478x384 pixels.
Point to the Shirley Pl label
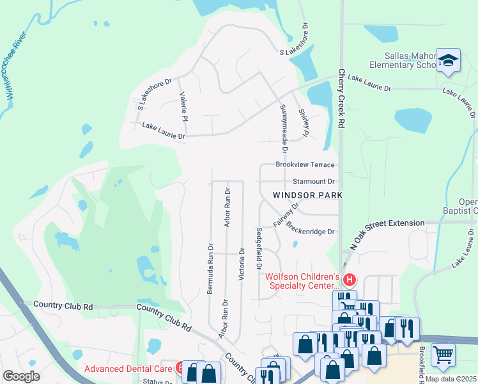tap(304, 124)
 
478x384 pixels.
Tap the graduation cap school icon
tap(448, 61)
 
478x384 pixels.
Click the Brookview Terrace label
tap(305, 164)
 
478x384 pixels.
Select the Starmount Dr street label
tap(314, 182)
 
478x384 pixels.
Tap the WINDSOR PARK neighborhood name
tap(307, 195)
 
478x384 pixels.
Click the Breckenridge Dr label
tap(311, 228)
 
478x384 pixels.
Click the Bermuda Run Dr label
tap(210, 268)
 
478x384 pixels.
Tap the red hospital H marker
tap(350, 280)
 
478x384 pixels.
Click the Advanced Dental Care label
tap(128, 369)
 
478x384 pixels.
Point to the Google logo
tap(21, 376)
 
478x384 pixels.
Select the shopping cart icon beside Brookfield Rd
tap(442, 353)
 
